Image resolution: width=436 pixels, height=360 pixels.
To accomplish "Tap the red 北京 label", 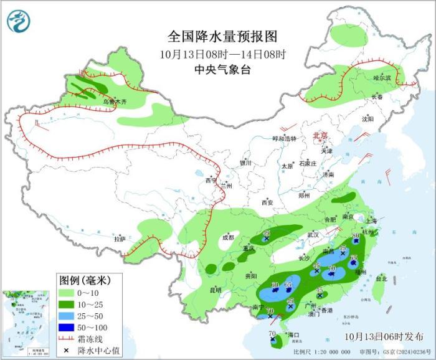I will click(x=318, y=135).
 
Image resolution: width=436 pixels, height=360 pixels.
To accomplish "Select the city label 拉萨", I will click(x=120, y=239).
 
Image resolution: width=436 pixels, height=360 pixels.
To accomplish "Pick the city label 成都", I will click(x=229, y=237).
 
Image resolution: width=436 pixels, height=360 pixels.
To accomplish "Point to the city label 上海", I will click(x=371, y=220).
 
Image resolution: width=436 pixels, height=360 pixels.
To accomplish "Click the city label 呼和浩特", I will click(x=287, y=139).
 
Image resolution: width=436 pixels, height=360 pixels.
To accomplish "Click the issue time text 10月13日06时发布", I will click(x=384, y=336).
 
